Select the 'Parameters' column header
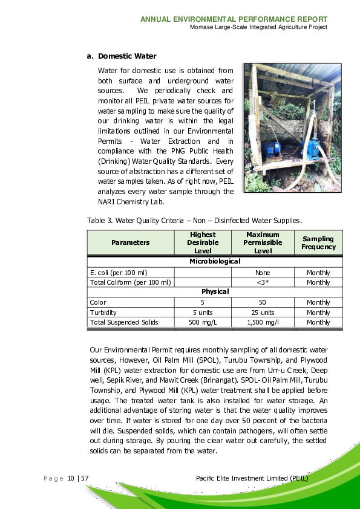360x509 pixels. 130,242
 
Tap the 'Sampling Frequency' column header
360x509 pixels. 318,242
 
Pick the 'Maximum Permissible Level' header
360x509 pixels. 263,242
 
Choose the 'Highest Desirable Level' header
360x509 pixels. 203,242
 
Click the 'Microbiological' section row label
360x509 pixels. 215,261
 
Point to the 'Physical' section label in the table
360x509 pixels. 215,291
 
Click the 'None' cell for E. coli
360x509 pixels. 263,273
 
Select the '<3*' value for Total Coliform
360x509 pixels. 263,282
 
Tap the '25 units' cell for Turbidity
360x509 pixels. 263,313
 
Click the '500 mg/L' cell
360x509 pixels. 203,322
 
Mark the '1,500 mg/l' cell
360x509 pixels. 263,322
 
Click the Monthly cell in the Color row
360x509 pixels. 318,302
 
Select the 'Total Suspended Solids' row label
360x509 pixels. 124,322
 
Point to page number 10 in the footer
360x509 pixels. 71,479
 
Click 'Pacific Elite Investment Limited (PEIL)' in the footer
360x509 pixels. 252,479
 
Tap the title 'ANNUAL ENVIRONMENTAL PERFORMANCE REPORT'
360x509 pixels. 234,19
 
